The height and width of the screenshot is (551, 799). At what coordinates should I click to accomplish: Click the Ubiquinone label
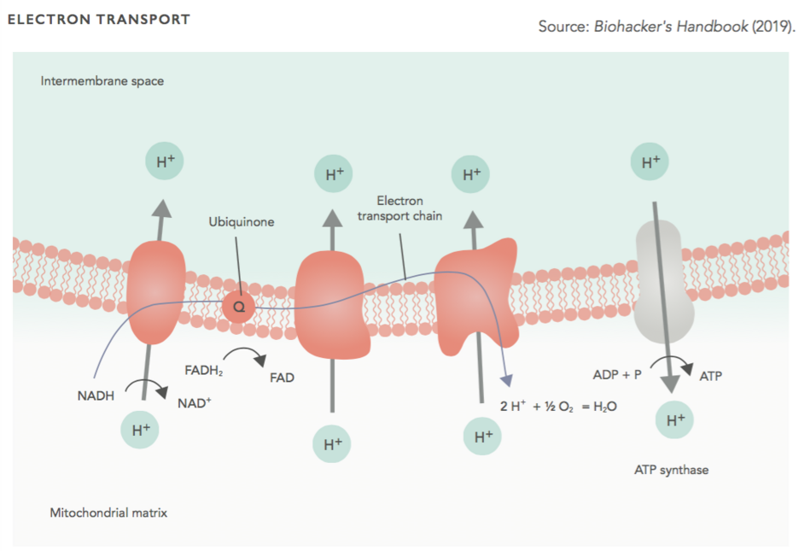pos(241,222)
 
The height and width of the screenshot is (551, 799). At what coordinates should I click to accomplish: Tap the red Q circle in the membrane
pos(238,307)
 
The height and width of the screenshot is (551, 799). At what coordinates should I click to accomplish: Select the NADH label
pos(96,396)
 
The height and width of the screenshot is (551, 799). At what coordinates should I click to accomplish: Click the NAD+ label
pos(194,402)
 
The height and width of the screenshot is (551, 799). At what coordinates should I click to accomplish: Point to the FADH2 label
pos(204,371)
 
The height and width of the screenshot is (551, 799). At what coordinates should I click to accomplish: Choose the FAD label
pos(282,378)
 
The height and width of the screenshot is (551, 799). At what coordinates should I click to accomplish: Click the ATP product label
pos(710,376)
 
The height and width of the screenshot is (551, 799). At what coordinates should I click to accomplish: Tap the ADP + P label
pos(617,375)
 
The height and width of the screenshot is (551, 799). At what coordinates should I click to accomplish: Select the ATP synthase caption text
pos(671,470)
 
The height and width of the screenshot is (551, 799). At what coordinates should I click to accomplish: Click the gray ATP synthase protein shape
pos(663,282)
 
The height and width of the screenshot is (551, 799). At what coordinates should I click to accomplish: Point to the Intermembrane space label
pos(102,81)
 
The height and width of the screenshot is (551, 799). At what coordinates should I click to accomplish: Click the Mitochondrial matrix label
pos(108,513)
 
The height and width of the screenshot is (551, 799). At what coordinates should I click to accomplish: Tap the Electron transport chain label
pos(399,208)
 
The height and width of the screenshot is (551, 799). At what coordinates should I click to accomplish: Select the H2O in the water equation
pos(605,407)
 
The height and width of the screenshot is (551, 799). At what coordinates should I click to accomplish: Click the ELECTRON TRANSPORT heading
pos(99,20)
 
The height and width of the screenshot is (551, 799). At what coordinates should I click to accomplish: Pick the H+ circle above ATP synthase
pos(649,161)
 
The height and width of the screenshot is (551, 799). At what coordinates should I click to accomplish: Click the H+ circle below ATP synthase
pos(674,419)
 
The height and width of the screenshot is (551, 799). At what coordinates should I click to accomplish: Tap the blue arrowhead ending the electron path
pos(506,380)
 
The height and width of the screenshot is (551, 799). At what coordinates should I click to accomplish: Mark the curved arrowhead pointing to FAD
pos(260,360)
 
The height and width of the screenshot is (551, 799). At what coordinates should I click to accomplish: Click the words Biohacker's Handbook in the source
pos(671,26)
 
